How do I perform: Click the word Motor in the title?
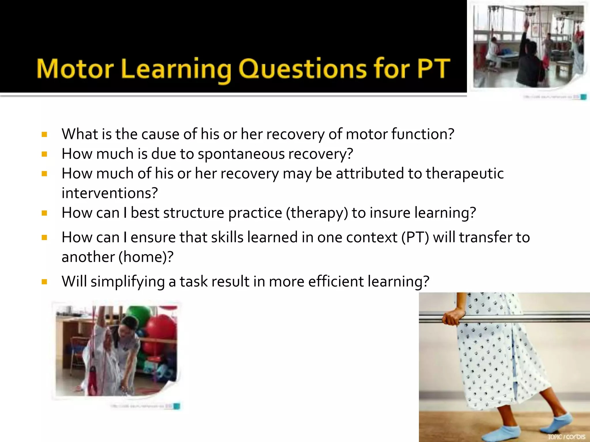click(x=75, y=69)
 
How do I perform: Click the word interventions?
click(x=110, y=193)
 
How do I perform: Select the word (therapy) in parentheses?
click(x=317, y=213)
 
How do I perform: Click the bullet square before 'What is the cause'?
click(x=44, y=134)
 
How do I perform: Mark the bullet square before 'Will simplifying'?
click(x=44, y=281)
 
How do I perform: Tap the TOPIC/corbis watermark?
click(x=566, y=436)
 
